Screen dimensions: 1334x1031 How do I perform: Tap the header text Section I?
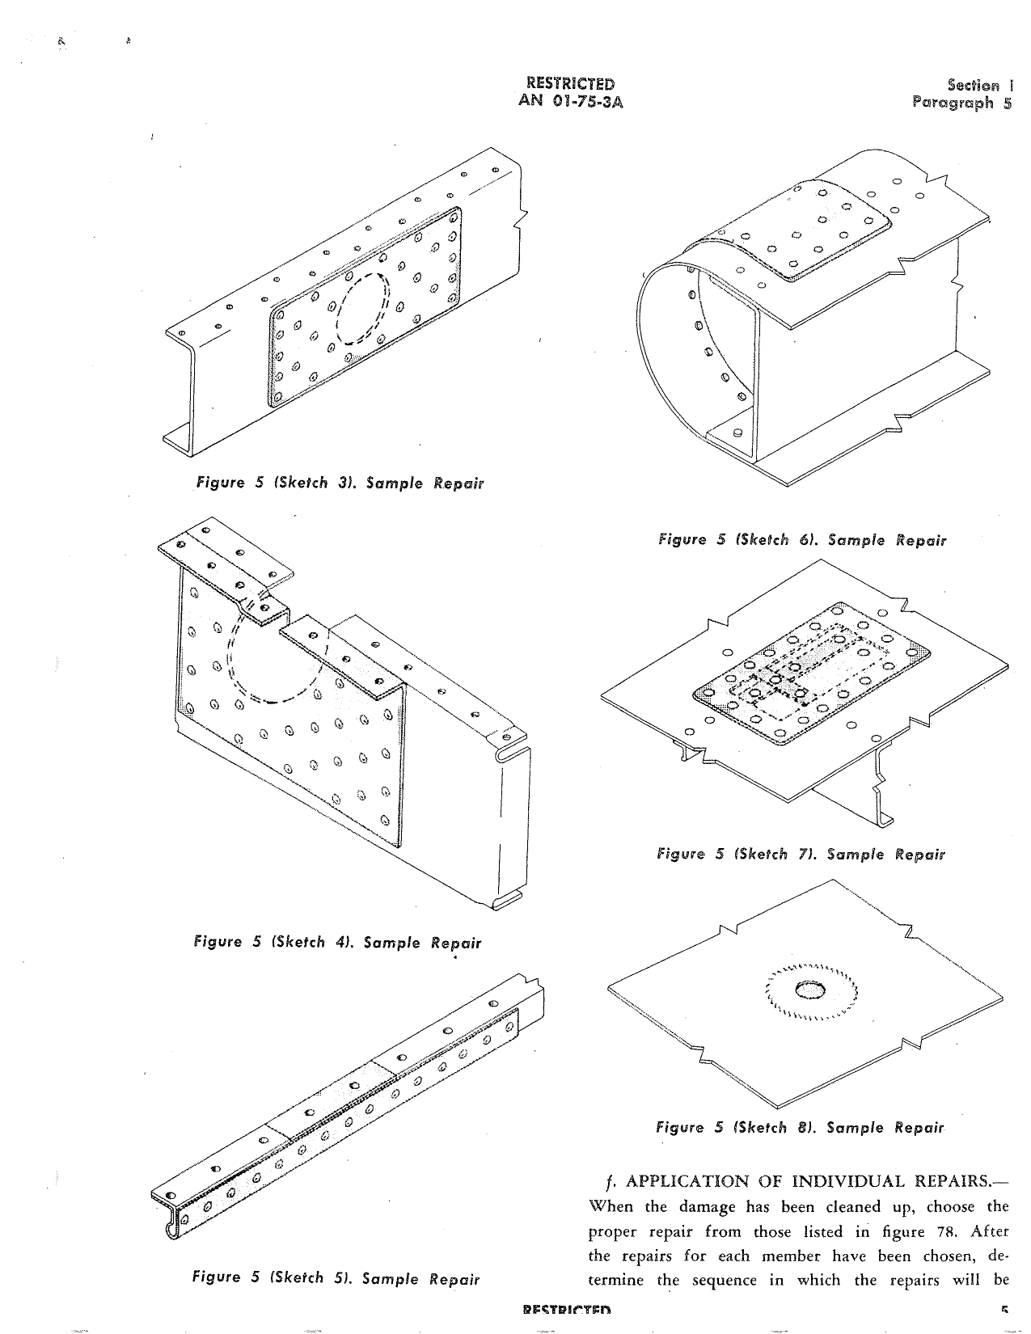(979, 85)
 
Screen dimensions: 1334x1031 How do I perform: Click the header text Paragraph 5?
(961, 103)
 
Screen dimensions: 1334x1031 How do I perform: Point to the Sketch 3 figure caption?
(340, 483)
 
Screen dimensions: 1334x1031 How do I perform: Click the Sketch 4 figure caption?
(337, 942)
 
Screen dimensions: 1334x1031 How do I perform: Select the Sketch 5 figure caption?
(336, 1279)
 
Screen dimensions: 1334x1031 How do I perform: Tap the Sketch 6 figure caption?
(801, 539)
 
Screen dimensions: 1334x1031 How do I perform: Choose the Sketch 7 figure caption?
(801, 854)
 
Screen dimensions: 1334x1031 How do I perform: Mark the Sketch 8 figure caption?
(800, 1127)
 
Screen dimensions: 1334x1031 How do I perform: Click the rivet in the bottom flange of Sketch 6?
(737, 433)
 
